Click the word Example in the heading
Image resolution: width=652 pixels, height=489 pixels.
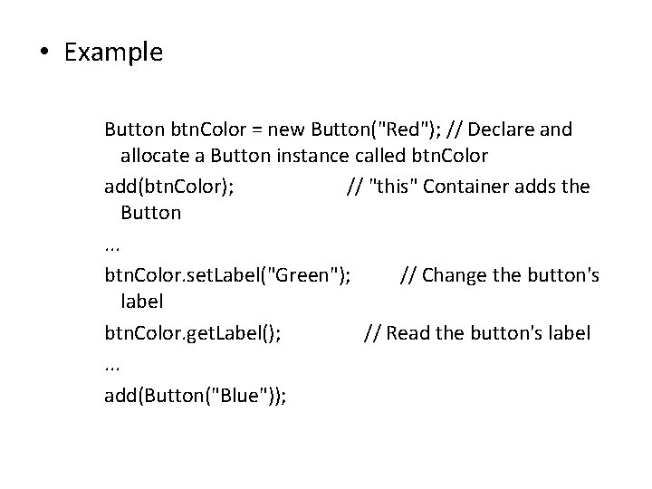(x=113, y=53)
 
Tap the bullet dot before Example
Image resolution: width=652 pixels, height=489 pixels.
(x=44, y=53)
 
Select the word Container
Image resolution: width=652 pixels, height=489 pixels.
(x=465, y=187)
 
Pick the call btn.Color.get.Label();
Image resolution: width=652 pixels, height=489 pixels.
(x=193, y=333)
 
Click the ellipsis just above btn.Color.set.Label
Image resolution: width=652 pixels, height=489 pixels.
(x=112, y=246)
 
